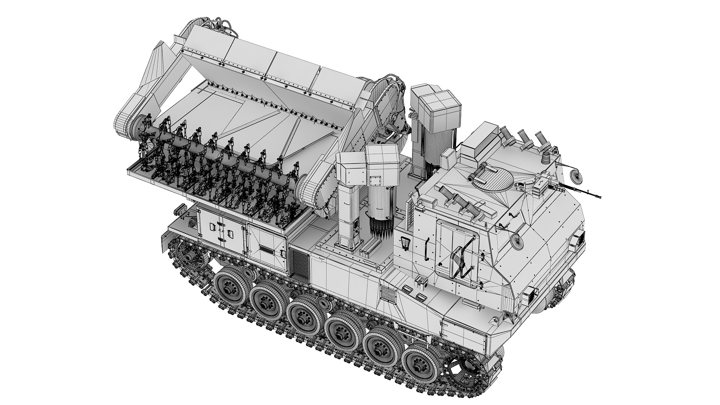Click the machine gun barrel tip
pos(599,197)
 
